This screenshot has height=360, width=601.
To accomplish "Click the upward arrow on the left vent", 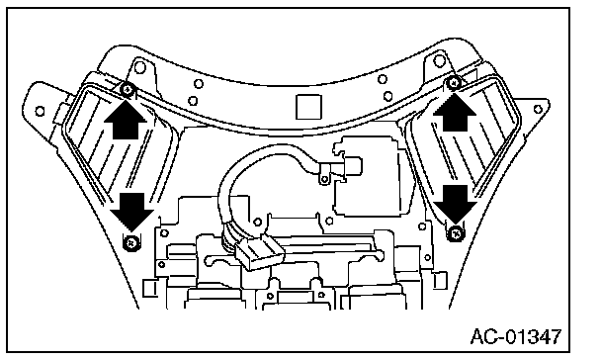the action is (x=125, y=118).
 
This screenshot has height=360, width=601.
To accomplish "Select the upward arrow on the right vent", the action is (x=455, y=112).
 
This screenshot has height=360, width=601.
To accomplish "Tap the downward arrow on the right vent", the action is (x=456, y=204).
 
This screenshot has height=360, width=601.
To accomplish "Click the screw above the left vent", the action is (x=127, y=90).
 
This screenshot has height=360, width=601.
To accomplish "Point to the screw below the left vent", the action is (x=131, y=243).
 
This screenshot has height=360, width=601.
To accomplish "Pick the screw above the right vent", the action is (x=454, y=82).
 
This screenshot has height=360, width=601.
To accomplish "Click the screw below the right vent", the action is (x=456, y=233).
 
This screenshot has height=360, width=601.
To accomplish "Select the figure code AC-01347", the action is (x=516, y=337).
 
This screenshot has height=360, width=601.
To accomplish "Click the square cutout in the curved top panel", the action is (x=308, y=107).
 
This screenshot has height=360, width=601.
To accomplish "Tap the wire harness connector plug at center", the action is (x=260, y=252).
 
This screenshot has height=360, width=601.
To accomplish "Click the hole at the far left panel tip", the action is (x=40, y=111).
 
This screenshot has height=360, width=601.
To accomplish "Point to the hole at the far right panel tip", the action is (x=538, y=109).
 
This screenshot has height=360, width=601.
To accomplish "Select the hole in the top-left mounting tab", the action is (x=140, y=68).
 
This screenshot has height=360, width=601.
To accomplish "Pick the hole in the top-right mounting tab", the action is (x=439, y=60).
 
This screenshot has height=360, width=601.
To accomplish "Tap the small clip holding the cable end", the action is (x=324, y=175).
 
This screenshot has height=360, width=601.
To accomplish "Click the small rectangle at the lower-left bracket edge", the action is (x=150, y=288).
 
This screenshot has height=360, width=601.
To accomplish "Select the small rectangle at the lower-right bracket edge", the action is (x=440, y=281).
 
